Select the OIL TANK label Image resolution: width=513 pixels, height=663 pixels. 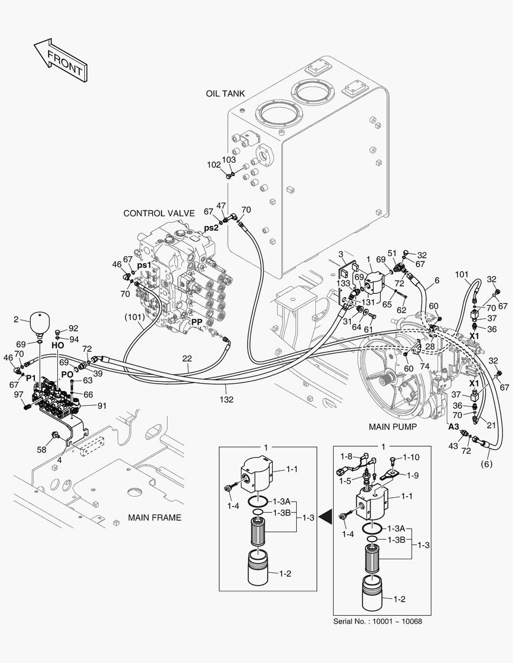click(x=225, y=93)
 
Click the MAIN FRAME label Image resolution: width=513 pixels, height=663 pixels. click(x=154, y=518)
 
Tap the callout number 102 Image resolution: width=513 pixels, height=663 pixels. click(x=213, y=165)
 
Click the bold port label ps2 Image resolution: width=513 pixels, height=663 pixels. click(x=211, y=228)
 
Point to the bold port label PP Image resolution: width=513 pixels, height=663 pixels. click(x=197, y=322)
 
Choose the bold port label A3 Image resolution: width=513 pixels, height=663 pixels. click(x=453, y=426)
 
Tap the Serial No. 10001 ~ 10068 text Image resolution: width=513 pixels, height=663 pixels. click(x=377, y=621)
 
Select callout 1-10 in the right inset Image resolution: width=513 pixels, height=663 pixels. click(x=410, y=458)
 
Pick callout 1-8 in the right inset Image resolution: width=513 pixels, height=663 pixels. click(x=347, y=456)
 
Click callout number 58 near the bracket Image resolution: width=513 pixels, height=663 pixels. click(x=41, y=450)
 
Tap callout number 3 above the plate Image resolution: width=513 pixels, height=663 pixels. click(x=340, y=254)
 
